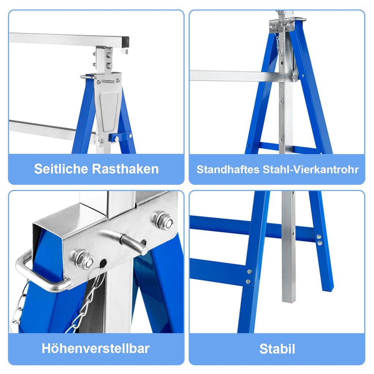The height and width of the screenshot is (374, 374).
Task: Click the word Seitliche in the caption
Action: [x=61, y=169]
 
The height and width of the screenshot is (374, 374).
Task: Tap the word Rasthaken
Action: [x=125, y=169]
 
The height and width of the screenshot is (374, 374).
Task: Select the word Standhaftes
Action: [x=228, y=169]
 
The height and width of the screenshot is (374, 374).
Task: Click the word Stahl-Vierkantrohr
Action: [x=310, y=169]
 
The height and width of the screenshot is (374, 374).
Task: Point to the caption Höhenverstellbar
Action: [x=96, y=348]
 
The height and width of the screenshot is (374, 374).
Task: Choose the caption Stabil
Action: [x=277, y=349]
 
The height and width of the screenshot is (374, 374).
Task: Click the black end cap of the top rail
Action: [x=126, y=42]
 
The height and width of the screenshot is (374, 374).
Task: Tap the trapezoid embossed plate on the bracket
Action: [x=109, y=111]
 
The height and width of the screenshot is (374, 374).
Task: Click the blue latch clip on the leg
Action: [x=120, y=138]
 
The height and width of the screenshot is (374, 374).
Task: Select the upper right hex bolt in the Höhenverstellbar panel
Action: [x=164, y=220]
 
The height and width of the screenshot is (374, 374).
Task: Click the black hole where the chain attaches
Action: [x=103, y=263]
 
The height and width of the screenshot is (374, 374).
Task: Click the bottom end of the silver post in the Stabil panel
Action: [x=289, y=301]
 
